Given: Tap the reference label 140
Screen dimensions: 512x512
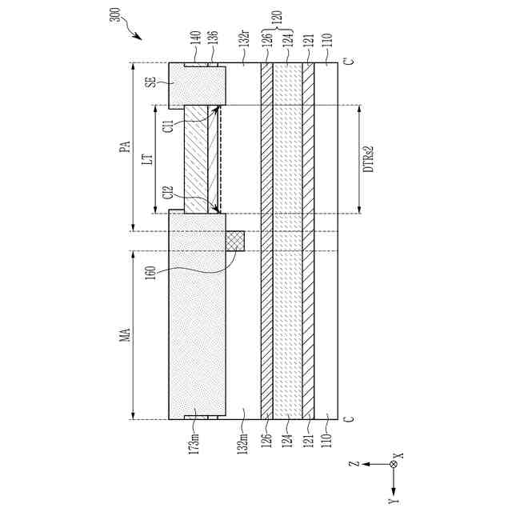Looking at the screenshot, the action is click(x=194, y=37).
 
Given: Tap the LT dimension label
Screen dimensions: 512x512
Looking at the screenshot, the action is click(x=147, y=159).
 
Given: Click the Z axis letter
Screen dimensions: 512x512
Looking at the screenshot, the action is click(x=357, y=465).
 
